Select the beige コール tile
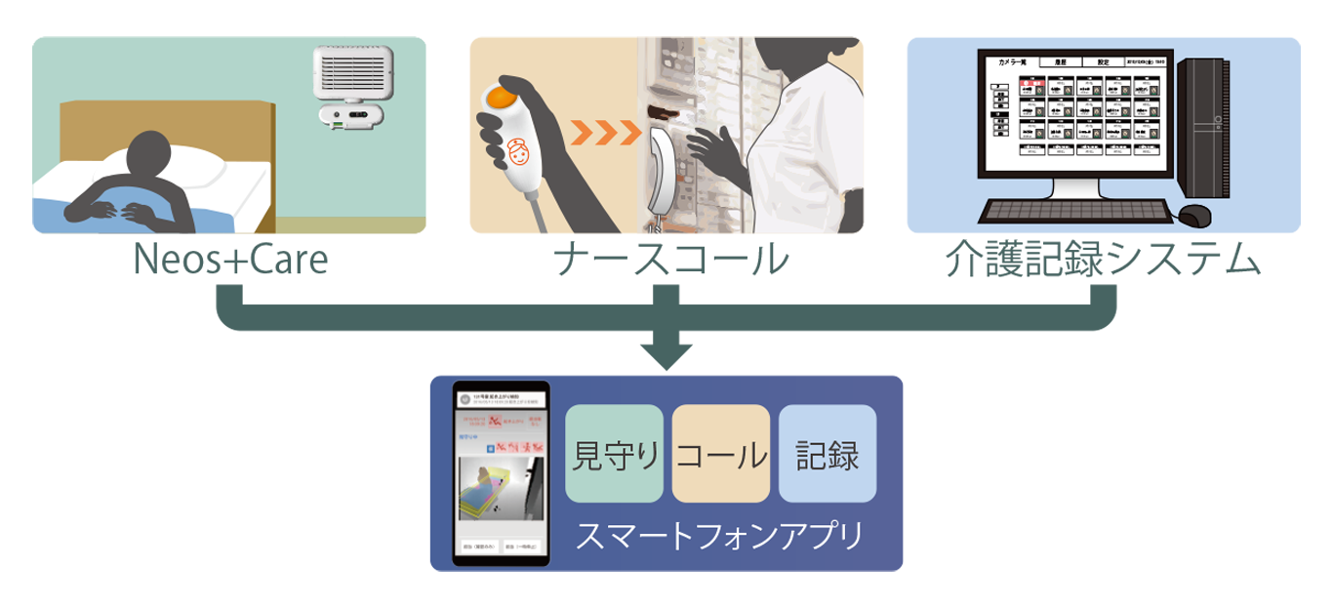[x=721, y=453]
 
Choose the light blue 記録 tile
[x=828, y=453]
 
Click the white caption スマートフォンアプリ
[x=720, y=536]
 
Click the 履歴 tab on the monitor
[x=1062, y=61]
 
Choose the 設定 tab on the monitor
[x=1103, y=61]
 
